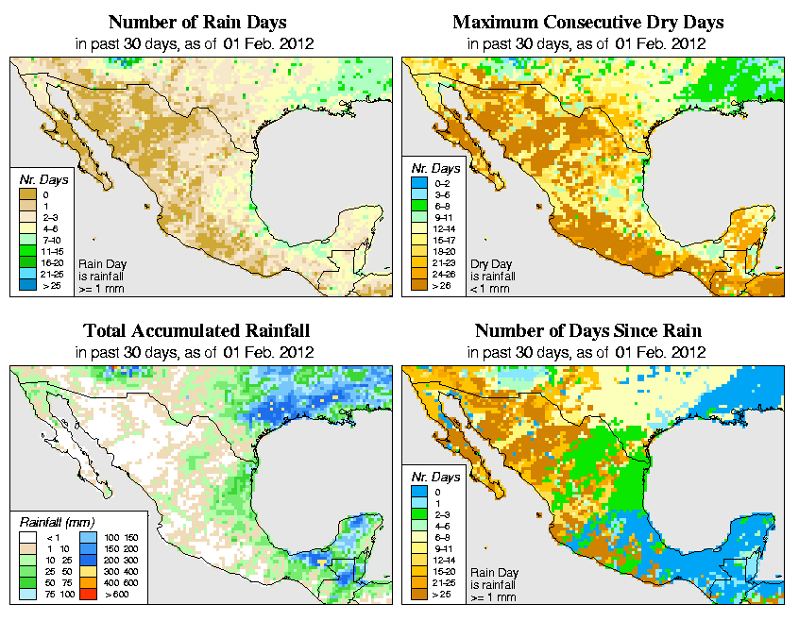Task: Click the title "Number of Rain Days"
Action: tap(196, 22)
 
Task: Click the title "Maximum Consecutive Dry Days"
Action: tap(587, 22)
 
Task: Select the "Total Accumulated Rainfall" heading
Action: tap(196, 331)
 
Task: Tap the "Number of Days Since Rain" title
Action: tap(587, 331)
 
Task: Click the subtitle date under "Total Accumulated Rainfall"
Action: tap(196, 352)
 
